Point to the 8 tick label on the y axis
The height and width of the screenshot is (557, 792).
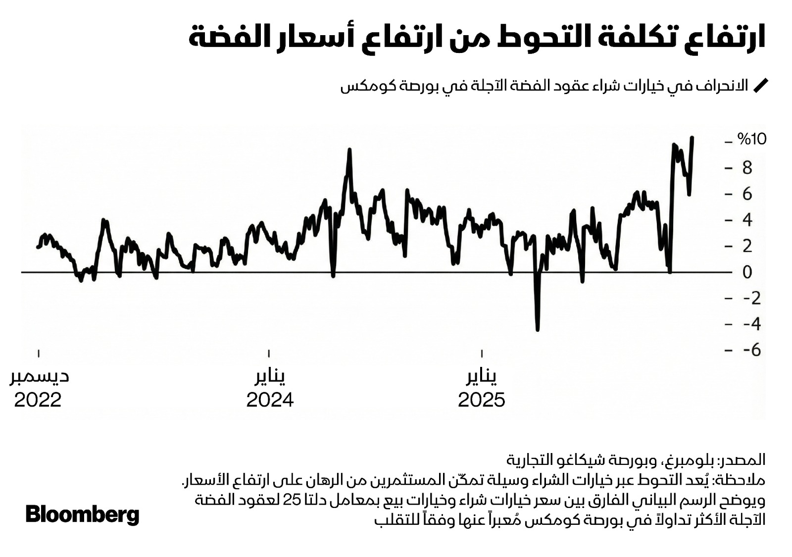pyautogui.click(x=747, y=168)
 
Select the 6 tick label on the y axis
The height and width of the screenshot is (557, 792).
pyautogui.click(x=747, y=194)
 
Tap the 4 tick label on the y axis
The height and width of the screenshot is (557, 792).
pyautogui.click(x=747, y=220)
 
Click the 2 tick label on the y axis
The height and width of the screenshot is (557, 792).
pyautogui.click(x=747, y=246)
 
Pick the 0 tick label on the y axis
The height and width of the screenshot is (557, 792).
pyautogui.click(x=747, y=272)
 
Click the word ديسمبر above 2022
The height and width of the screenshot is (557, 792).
pyautogui.click(x=40, y=377)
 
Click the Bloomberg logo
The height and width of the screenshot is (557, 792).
pyautogui.click(x=82, y=515)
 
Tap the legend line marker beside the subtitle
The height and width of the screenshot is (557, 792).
pyautogui.click(x=760, y=86)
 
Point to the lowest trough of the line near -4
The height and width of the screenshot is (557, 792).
pyautogui.click(x=538, y=329)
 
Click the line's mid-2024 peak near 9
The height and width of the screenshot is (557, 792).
pyautogui.click(x=349, y=150)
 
